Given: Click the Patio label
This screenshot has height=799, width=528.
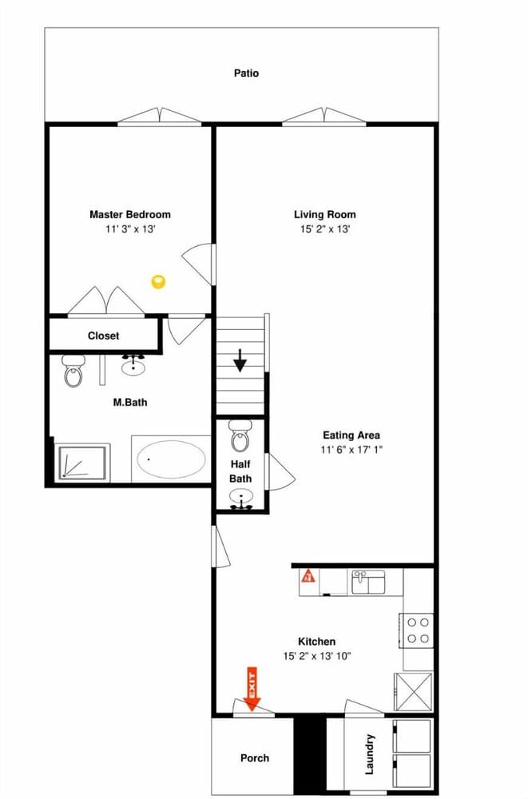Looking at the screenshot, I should tap(246, 74).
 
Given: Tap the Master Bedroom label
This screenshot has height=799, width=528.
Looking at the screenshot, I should tap(129, 214).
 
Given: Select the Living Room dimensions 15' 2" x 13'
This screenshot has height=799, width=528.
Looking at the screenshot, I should tap(324, 229).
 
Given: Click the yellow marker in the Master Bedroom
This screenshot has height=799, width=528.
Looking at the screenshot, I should tap(158, 281).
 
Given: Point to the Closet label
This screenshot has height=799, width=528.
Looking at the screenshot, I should tap(103, 336).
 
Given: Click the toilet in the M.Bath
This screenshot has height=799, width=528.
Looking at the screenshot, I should tap(73, 371).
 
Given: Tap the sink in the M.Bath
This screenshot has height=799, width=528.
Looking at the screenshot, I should tap(133, 366).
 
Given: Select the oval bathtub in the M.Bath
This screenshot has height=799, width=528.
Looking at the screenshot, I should tap(171, 459).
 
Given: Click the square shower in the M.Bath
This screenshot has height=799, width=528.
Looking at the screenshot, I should tap(84, 463).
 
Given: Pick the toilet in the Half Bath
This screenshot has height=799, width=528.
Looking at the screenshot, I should tap(240, 437).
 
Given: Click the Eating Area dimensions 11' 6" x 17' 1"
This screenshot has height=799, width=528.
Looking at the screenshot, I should tap(351, 451).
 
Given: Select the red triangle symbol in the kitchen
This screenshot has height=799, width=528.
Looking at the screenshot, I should tap(308, 575).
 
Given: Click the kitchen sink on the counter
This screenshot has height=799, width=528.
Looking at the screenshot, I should tap(368, 582).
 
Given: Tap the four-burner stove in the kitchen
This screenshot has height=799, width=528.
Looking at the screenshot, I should tap(419, 629).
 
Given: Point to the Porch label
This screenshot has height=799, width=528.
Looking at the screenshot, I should tap(255, 758).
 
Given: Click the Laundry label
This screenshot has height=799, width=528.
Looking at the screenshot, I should tap(370, 754).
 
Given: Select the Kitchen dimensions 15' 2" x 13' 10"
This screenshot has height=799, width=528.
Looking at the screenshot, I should tap(317, 656).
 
